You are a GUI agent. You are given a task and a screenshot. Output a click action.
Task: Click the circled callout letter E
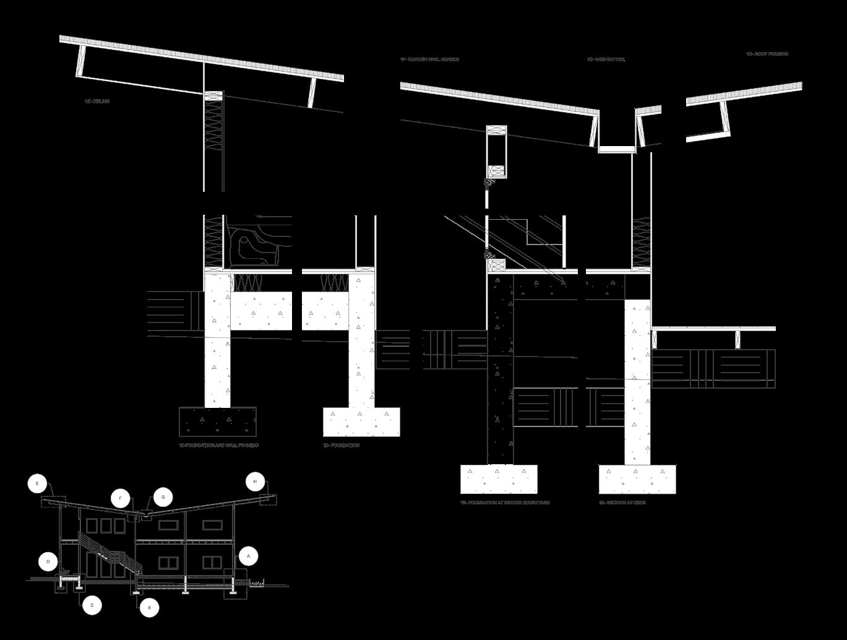click(38, 483)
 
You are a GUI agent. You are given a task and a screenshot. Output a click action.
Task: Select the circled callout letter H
click(255, 482)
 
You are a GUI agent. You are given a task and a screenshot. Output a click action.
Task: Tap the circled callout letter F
click(121, 498)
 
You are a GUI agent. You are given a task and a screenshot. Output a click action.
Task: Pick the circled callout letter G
click(163, 496)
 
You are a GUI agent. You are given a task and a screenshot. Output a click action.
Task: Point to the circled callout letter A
click(248, 556)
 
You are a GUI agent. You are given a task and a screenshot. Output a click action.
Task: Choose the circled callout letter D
click(48, 562)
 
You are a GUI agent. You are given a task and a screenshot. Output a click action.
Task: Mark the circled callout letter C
click(92, 605)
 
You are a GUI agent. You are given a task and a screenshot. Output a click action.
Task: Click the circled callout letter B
click(149, 608)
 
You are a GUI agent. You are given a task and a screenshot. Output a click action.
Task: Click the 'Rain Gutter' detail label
click(606, 59)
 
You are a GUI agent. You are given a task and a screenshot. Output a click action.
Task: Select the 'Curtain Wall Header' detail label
click(429, 59)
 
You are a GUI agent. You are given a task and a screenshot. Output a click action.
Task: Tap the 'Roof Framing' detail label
click(767, 54)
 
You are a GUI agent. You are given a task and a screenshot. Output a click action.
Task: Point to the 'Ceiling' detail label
click(97, 101)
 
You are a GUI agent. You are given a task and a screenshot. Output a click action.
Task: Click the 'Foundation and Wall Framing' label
click(218, 445)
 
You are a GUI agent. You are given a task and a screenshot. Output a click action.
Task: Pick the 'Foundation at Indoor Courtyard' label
click(505, 503)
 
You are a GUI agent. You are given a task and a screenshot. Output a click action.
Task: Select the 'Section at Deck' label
click(622, 503)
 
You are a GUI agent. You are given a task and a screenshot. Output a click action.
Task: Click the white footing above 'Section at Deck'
click(637, 479)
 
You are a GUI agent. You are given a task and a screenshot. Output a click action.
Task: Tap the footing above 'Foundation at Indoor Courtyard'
click(499, 479)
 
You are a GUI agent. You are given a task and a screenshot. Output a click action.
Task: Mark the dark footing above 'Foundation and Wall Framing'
click(218, 422)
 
